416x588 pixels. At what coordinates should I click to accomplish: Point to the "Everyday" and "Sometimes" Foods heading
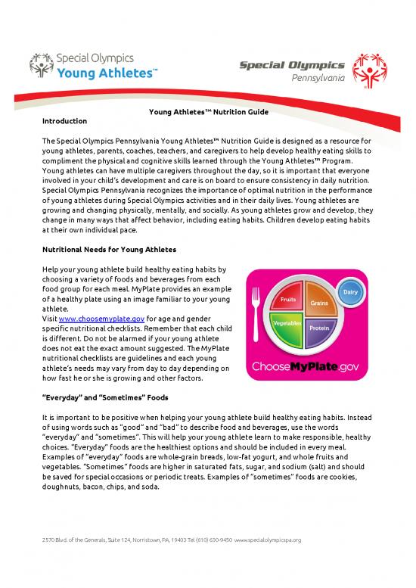99,395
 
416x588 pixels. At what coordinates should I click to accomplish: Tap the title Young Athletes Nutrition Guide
207,113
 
